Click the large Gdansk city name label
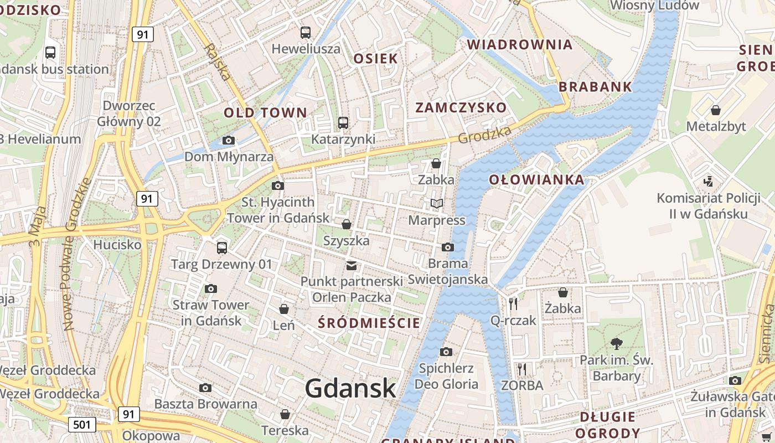pos(350,388)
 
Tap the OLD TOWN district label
pos(265,112)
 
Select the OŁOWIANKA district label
pos(529,179)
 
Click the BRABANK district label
pos(595,86)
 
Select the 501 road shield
pos(82,425)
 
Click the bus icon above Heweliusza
pos(306,33)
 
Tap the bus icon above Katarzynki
pos(343,123)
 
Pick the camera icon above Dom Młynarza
pos(228,141)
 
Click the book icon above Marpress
pos(437,204)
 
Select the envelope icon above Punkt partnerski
pos(352,265)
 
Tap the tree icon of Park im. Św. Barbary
pos(616,343)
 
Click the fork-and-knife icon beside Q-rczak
pos(513,303)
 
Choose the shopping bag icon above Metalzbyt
pos(716,110)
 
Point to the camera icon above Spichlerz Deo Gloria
pos(446,352)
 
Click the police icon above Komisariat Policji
pos(708,181)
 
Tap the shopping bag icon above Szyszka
pos(347,224)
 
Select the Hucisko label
pos(117,244)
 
